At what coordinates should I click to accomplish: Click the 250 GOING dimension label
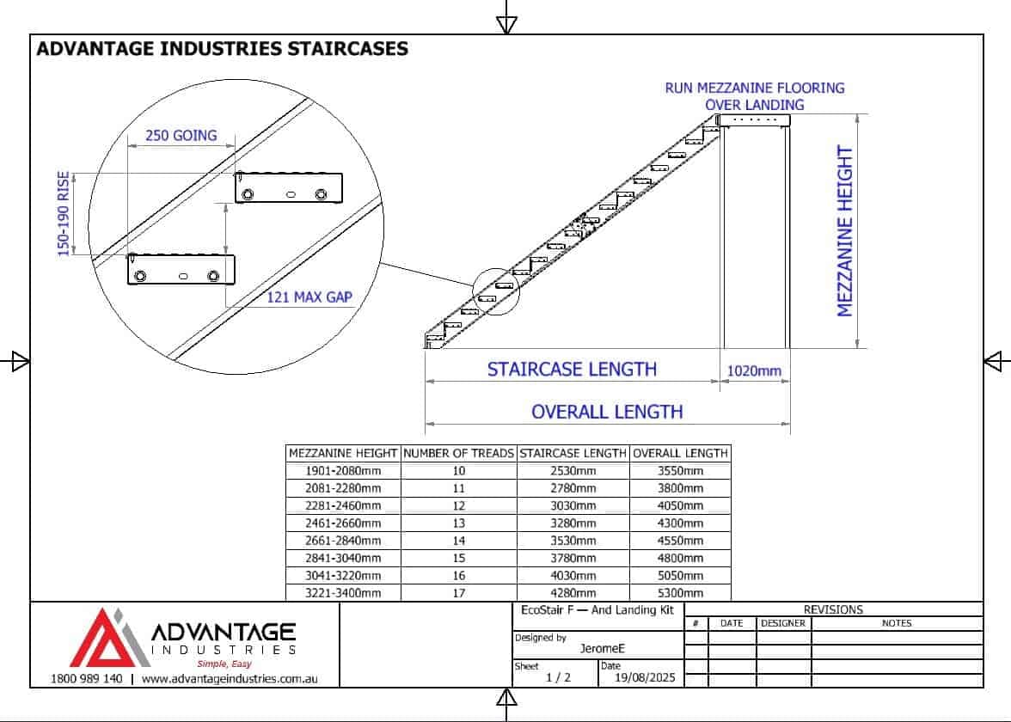[x=181, y=136]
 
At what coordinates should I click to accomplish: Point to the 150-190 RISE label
[x=64, y=213]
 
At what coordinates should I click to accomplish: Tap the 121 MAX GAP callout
[x=309, y=297]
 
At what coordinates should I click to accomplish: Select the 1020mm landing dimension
[x=754, y=370]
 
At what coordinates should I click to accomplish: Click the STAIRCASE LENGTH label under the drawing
[x=572, y=370]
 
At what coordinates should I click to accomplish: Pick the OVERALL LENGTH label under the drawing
[x=607, y=412]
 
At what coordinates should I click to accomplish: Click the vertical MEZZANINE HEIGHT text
[x=844, y=230]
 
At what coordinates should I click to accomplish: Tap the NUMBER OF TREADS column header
[x=458, y=453]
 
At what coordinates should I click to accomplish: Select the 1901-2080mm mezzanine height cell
[x=343, y=471]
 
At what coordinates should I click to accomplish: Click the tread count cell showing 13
[x=458, y=523]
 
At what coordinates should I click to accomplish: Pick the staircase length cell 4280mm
[x=573, y=592]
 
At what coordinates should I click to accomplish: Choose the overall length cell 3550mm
[x=680, y=471]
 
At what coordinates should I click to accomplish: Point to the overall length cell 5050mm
[x=680, y=575]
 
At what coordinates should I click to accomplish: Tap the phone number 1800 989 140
[x=86, y=679]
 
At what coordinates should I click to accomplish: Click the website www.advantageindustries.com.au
[x=230, y=679]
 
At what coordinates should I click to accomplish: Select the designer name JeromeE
[x=602, y=648]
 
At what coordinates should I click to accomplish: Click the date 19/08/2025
[x=645, y=677]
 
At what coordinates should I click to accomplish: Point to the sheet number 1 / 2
[x=559, y=677]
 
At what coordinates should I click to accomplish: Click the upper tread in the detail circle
[x=288, y=187]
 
